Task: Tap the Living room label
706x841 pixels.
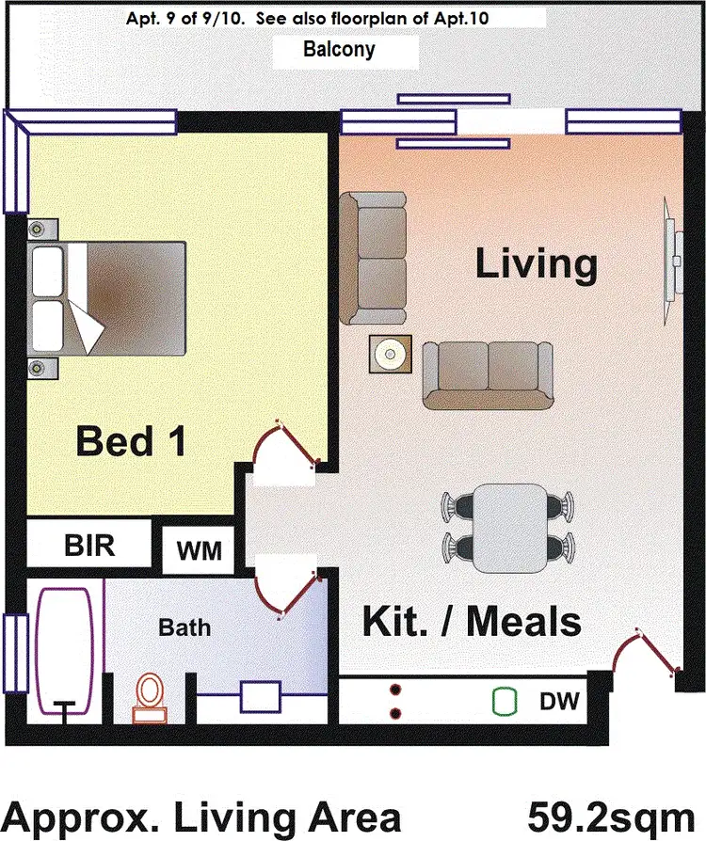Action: click(x=536, y=263)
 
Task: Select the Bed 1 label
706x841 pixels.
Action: click(x=130, y=440)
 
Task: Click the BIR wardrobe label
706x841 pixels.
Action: click(x=89, y=546)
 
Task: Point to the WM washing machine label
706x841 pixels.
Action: click(x=200, y=550)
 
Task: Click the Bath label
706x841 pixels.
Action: click(x=185, y=627)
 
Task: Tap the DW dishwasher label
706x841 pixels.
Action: click(x=558, y=701)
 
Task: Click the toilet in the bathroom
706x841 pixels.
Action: click(x=149, y=697)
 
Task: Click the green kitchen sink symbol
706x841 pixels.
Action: click(x=505, y=701)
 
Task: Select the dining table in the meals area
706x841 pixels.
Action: click(x=509, y=528)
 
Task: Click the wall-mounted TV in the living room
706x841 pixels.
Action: click(x=671, y=247)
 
